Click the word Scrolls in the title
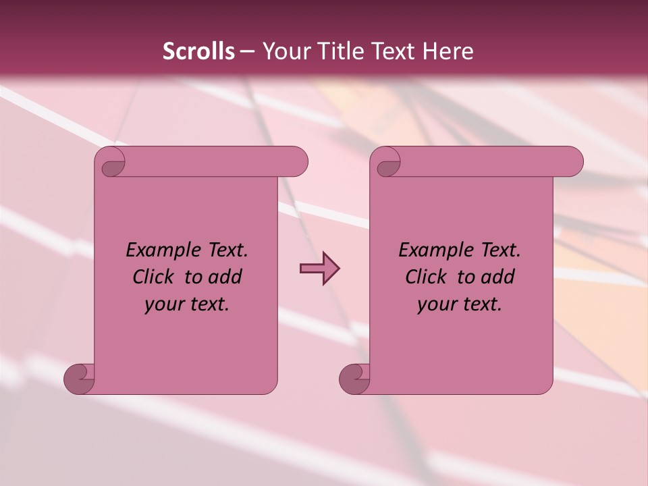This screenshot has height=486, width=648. coord(199,51)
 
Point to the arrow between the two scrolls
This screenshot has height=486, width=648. coord(319,269)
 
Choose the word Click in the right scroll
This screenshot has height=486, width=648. coord(426,277)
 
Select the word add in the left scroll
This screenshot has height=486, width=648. coord(225,277)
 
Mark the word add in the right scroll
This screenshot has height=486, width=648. coord(498,277)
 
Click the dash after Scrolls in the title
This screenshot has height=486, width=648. coord(247,51)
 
